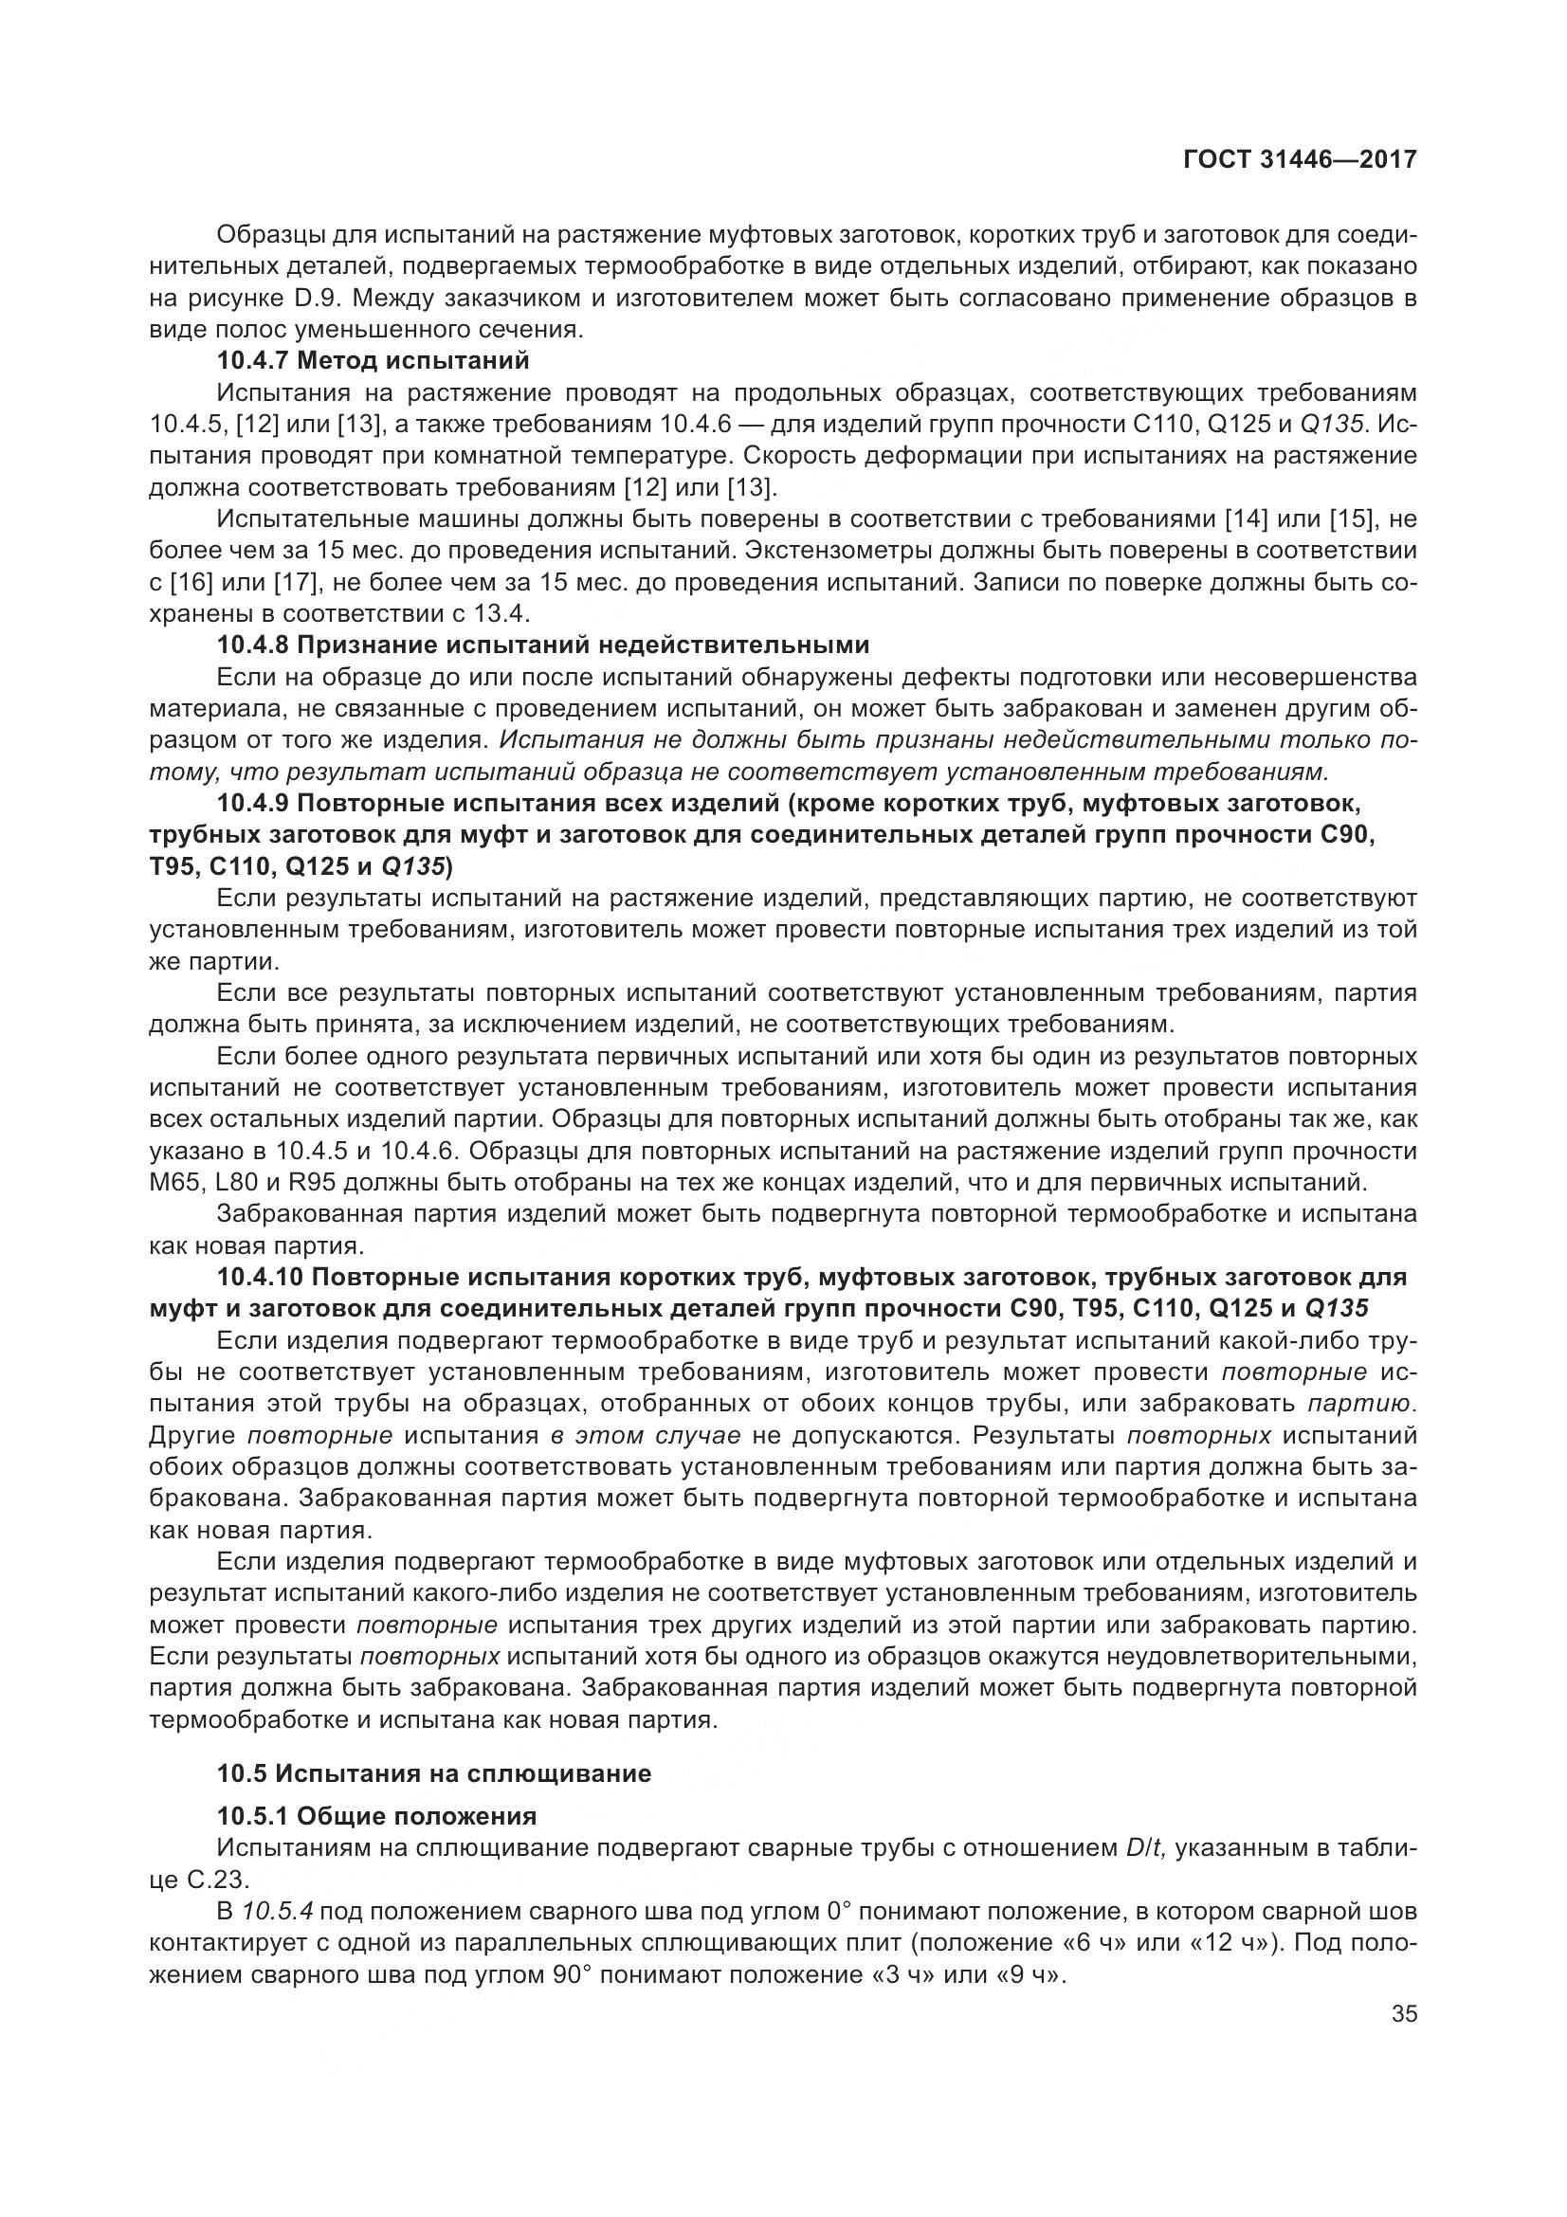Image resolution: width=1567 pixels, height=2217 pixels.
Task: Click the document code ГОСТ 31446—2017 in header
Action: click(x=1300, y=158)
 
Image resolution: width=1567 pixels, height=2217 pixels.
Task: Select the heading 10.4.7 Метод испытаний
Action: click(x=374, y=361)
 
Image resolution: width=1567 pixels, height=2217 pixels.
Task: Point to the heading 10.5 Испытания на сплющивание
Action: click(x=433, y=1772)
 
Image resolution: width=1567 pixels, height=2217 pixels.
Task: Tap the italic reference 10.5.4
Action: click(x=280, y=1911)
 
